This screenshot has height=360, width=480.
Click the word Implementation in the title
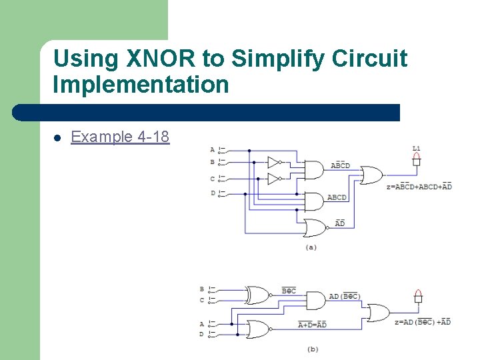[x=141, y=85]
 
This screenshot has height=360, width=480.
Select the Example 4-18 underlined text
[x=120, y=137]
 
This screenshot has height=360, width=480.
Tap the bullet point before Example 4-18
[x=58, y=138]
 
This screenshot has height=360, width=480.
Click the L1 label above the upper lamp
[x=416, y=148]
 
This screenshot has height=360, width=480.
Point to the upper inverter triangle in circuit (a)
[x=273, y=162]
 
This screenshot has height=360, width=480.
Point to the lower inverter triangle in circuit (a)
[x=273, y=179]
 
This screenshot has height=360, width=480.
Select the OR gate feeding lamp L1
[x=371, y=176]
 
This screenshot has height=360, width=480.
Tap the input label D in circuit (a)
[x=213, y=193]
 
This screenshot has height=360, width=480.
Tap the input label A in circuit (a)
[x=213, y=149]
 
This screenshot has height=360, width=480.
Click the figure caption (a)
[x=311, y=247]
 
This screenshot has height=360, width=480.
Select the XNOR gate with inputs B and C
[x=257, y=295]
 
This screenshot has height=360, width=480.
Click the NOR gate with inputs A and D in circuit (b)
[x=257, y=329]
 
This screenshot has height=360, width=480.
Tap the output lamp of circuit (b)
[x=418, y=297]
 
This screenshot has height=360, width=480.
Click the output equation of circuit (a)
[x=419, y=187]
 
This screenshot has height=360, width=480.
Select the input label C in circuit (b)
[x=202, y=300]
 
